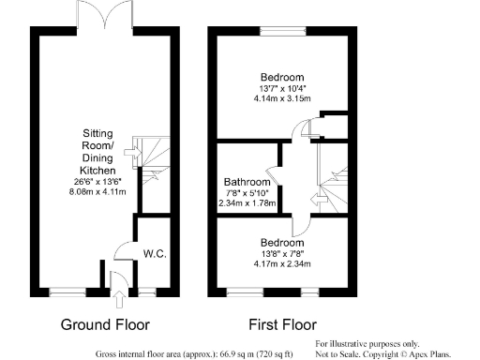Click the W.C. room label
[155, 253]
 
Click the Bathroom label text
[247, 182]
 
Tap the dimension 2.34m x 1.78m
[247, 202]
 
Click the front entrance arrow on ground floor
[118, 300]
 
